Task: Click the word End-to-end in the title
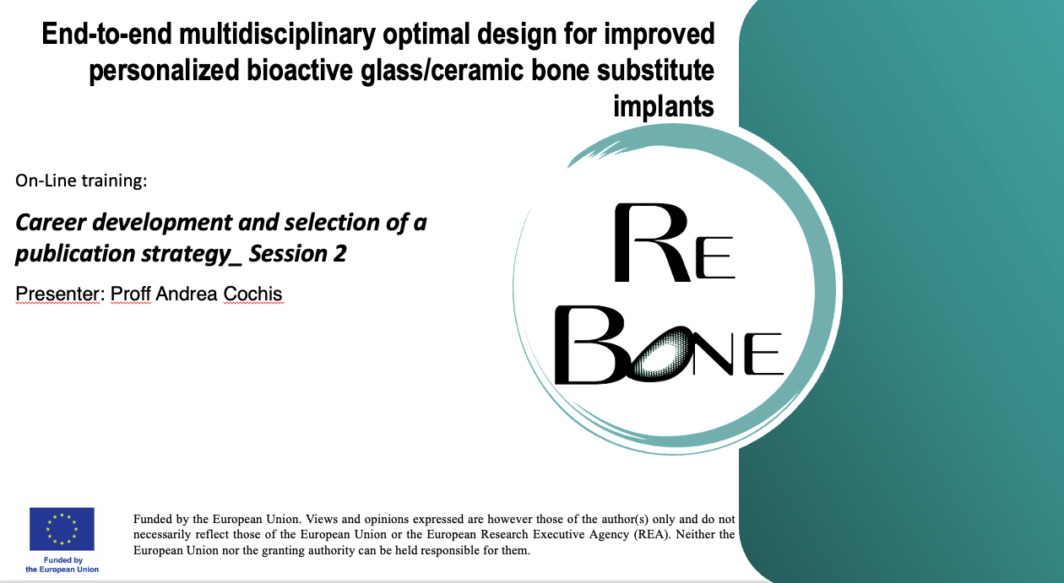pos(106,35)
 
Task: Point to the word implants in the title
pos(664,107)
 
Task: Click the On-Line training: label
pos(81,181)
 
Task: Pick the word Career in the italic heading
pos(51,222)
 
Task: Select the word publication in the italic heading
pos(75,254)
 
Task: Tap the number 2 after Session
pos(339,254)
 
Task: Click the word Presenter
pos(57,294)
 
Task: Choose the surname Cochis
pos(252,294)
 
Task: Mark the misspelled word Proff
pos(131,294)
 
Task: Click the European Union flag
pos(62,529)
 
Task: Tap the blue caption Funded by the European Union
pos(62,564)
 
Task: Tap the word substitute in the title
pos(655,70)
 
